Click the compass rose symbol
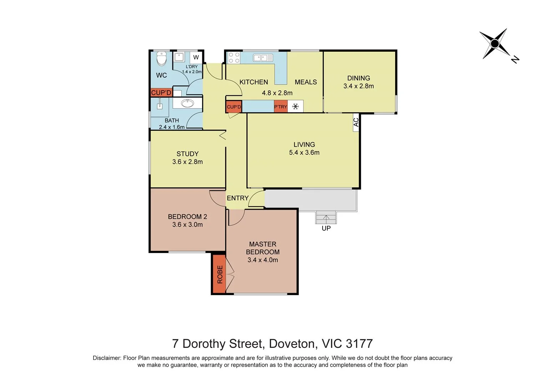[495, 44]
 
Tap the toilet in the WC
[162, 59]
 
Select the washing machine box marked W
[196, 57]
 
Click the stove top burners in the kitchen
[234, 58]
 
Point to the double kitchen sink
[263, 57]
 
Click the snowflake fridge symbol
[296, 106]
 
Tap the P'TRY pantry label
[281, 107]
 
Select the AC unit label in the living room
[356, 122]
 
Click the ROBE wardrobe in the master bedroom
[219, 274]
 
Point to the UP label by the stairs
[326, 228]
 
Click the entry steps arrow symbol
[326, 217]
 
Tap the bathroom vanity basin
[187, 103]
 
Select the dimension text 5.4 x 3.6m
[304, 153]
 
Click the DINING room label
[358, 78]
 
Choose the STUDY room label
[187, 154]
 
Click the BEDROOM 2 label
[187, 217]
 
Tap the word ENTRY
[237, 198]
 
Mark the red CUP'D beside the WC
[161, 93]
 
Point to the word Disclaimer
[106, 358]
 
